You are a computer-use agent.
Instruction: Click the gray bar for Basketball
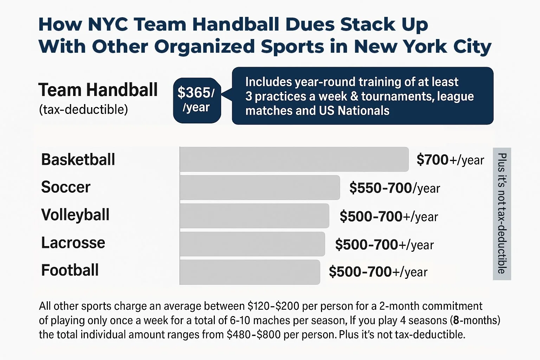(x=294, y=159)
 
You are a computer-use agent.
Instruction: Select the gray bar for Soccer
(x=260, y=187)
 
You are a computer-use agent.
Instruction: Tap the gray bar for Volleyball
(x=254, y=216)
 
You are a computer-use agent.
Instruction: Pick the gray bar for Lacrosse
(x=252, y=244)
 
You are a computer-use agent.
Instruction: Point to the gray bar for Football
(x=250, y=272)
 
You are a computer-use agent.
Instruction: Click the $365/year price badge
(x=197, y=100)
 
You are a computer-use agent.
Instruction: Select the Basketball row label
(x=78, y=159)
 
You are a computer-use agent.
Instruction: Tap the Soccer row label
(x=66, y=187)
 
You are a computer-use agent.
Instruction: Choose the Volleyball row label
(x=75, y=215)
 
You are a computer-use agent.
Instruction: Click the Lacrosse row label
(x=73, y=243)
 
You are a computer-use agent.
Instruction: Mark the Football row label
(x=70, y=270)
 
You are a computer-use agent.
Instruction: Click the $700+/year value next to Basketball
(x=450, y=160)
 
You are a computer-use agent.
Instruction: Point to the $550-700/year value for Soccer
(x=394, y=188)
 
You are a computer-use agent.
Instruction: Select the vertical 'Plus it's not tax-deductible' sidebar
(x=502, y=213)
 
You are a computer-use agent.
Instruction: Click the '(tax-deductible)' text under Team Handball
(x=83, y=110)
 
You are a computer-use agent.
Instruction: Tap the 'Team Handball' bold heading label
(x=98, y=90)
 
